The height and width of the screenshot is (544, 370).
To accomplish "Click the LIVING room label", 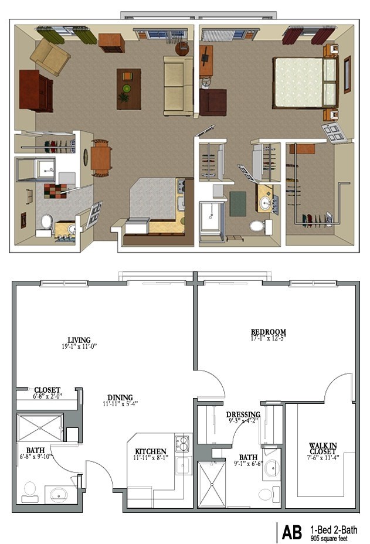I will pyautogui.click(x=79, y=340).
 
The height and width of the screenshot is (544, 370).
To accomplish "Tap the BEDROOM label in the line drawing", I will pyautogui.click(x=268, y=332).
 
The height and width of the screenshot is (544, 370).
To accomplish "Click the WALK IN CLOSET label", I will pyautogui.click(x=323, y=448).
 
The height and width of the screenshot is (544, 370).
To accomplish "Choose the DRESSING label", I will pyautogui.click(x=243, y=414).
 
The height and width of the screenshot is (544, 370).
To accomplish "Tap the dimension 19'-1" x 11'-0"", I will pyautogui.click(x=79, y=347).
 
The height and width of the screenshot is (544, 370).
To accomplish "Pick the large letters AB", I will pyautogui.click(x=291, y=532).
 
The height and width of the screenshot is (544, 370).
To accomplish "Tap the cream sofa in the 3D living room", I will pyautogui.click(x=178, y=86).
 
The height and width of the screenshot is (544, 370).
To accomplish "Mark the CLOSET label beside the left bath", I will pyautogui.click(x=47, y=390).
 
